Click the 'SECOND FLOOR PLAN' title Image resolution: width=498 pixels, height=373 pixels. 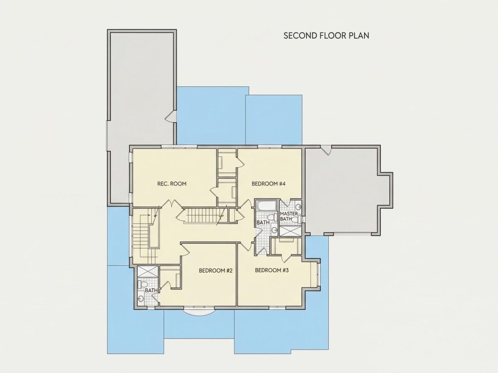click(x=326, y=35)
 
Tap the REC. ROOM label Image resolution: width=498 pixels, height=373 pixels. click(x=172, y=184)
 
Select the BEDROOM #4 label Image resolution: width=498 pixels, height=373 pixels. click(x=268, y=184)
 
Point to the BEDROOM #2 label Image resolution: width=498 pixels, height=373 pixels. click(x=216, y=270)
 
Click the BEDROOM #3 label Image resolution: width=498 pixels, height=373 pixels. click(x=272, y=270)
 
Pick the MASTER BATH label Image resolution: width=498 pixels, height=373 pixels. click(x=289, y=216)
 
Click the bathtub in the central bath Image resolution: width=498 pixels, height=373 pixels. click(x=267, y=206)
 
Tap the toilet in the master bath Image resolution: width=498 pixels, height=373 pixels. click(x=295, y=219)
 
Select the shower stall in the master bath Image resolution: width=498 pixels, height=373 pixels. click(x=290, y=231)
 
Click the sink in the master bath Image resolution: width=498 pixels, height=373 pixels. click(x=298, y=208)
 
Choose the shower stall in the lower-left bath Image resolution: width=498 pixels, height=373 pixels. click(x=148, y=272)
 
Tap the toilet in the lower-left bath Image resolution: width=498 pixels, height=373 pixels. click(x=142, y=283)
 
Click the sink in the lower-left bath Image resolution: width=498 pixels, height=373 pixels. click(x=141, y=298)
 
